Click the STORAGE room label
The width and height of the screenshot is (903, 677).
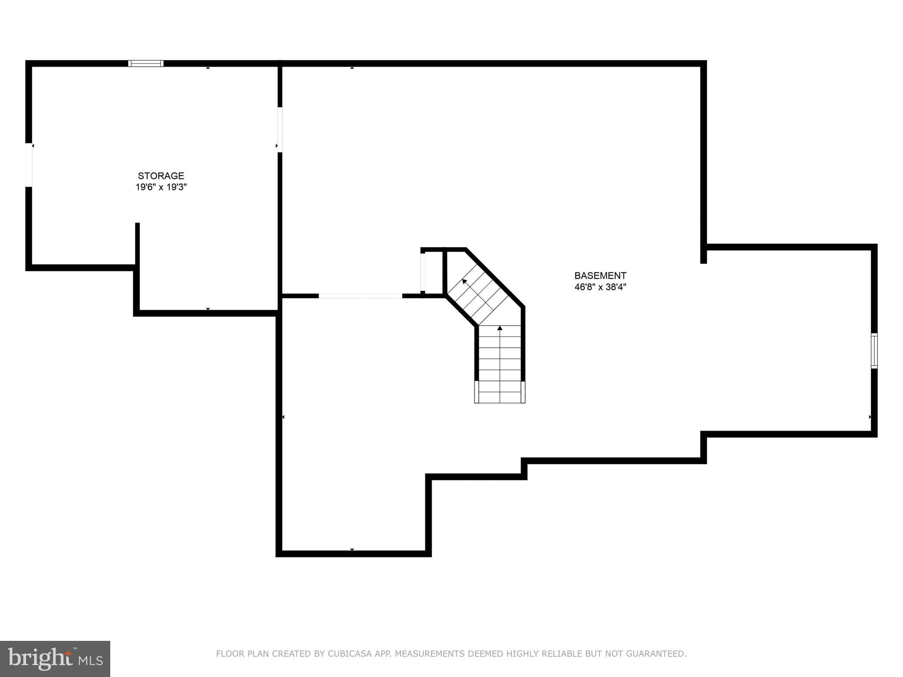pyautogui.click(x=161, y=176)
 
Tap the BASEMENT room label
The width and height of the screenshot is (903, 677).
pyautogui.click(x=600, y=275)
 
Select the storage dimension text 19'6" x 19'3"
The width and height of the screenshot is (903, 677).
pyautogui.click(x=161, y=187)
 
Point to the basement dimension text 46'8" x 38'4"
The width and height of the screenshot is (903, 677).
pyautogui.click(x=600, y=287)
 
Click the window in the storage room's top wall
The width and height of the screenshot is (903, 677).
pyautogui.click(x=146, y=63)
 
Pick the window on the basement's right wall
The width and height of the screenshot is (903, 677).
pyautogui.click(x=874, y=351)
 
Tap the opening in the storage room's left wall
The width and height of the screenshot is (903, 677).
pyautogui.click(x=29, y=165)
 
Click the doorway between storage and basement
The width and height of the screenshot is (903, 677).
pyautogui.click(x=280, y=130)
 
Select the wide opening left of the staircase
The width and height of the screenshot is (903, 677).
pyautogui.click(x=360, y=296)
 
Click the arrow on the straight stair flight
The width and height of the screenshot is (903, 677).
pyautogui.click(x=500, y=328)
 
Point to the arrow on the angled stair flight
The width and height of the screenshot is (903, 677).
pyautogui.click(x=465, y=281)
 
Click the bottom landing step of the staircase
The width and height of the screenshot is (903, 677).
pyautogui.click(x=500, y=392)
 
